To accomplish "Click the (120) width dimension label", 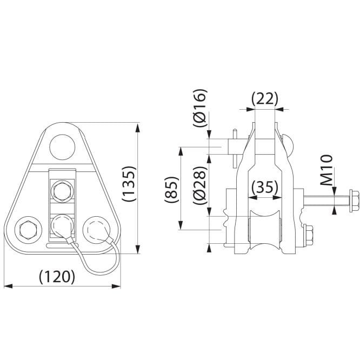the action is pos(57,276).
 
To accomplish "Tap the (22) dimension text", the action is pos(265,99).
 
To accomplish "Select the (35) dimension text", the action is pos(265,187).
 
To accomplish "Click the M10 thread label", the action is pos(326,170).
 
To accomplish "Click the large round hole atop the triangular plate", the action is pos(62,147).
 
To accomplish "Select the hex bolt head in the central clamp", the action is pos(62,191).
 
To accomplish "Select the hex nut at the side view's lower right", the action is pos(308,237).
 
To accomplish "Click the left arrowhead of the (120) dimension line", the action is pos(8,286).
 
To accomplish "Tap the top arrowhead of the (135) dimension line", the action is pos(137,128).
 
